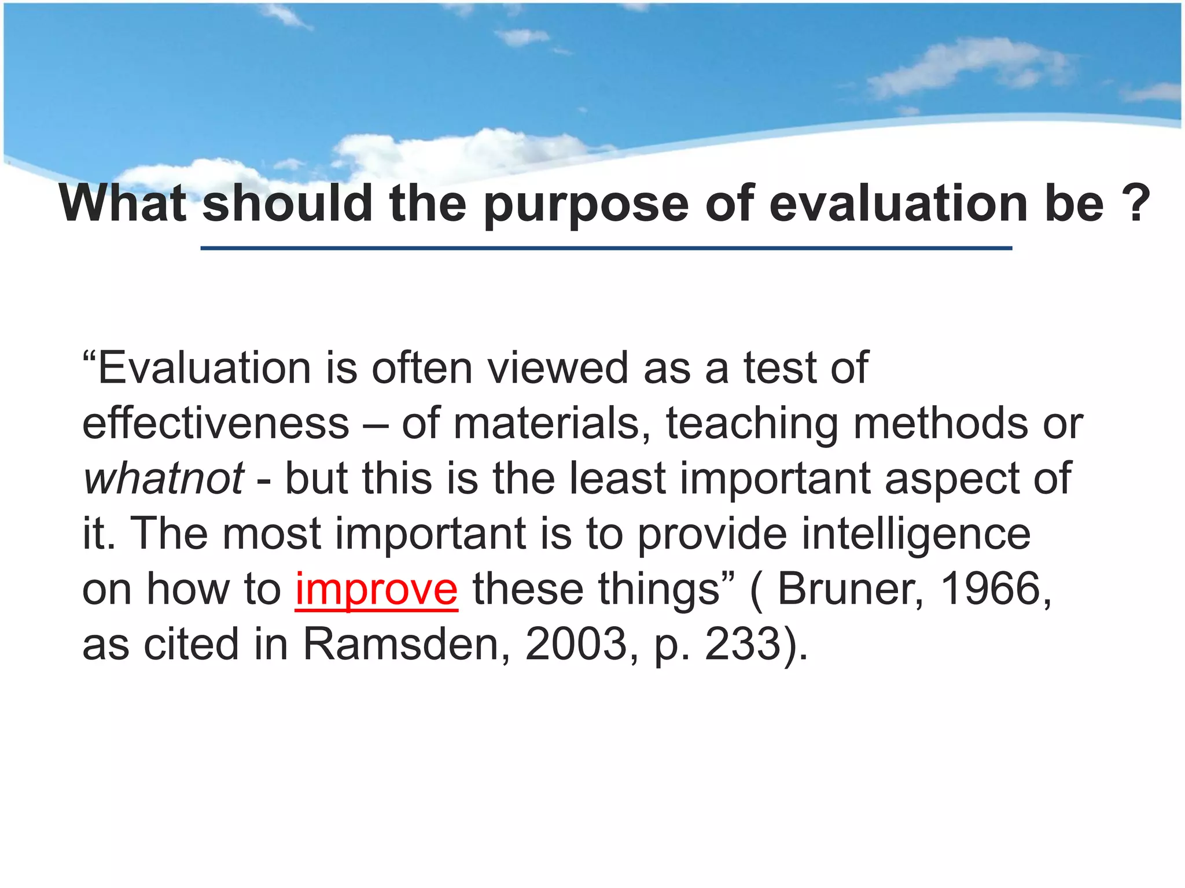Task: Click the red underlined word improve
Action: click(x=377, y=590)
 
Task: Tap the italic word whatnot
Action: click(x=164, y=479)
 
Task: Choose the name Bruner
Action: click(x=850, y=590)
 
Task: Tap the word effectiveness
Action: click(x=216, y=424)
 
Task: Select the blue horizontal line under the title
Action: click(x=606, y=248)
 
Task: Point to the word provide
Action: click(x=712, y=534)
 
